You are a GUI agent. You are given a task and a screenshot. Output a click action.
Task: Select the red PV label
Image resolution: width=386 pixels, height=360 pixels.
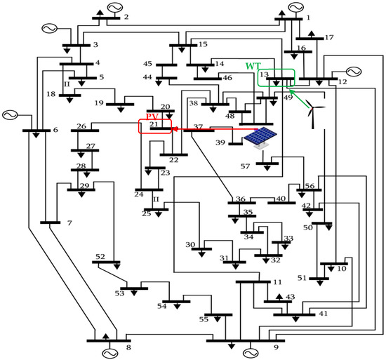click(x=152, y=115)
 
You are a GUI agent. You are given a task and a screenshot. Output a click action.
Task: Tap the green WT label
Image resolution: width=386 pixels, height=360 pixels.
click(x=252, y=66)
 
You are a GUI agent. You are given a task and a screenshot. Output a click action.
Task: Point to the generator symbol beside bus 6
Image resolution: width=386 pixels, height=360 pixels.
click(x=10, y=114)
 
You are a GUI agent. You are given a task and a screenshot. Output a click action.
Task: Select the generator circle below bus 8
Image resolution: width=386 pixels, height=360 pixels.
click(x=109, y=352)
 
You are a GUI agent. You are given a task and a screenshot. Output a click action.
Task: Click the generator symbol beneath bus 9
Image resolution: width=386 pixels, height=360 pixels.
click(x=251, y=352)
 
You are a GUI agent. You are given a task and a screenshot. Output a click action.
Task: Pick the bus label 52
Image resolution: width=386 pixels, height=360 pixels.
click(x=100, y=256)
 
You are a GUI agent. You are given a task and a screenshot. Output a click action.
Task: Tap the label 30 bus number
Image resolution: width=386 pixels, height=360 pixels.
click(x=190, y=245)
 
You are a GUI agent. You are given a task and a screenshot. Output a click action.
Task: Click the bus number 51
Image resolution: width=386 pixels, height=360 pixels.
click(x=302, y=278)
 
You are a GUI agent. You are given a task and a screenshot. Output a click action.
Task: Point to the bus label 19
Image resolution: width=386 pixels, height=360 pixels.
click(x=98, y=104)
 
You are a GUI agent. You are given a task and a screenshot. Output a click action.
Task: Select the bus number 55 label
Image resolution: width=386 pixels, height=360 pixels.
click(x=203, y=319)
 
